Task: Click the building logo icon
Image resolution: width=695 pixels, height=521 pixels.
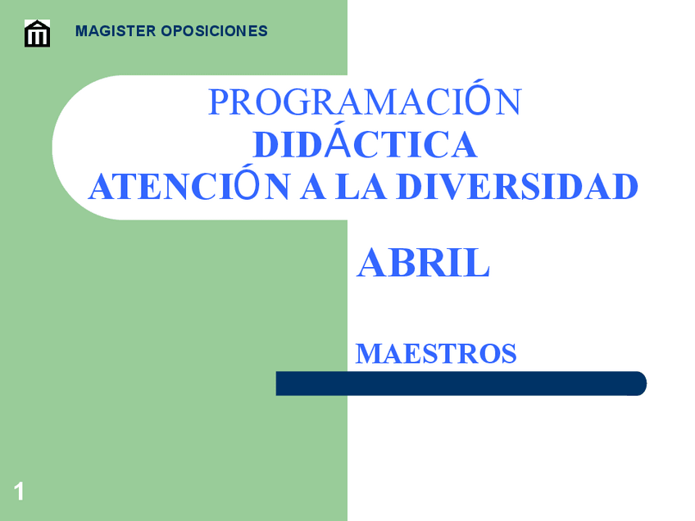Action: tap(38, 34)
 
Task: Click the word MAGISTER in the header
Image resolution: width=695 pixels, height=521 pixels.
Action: tap(115, 32)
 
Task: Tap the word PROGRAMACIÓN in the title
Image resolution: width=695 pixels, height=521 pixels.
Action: tap(365, 102)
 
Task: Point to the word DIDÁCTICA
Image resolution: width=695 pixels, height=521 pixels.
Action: tap(365, 145)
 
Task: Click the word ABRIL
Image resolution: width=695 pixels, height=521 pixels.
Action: tap(423, 264)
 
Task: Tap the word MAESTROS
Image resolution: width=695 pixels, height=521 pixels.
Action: tap(436, 354)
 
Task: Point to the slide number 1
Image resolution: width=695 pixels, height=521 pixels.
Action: tap(19, 492)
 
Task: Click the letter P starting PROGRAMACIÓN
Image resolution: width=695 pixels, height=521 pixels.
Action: tap(217, 102)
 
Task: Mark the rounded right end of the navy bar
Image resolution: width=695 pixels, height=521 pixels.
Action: tap(638, 383)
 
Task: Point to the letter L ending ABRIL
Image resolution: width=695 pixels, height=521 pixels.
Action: tap(479, 264)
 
